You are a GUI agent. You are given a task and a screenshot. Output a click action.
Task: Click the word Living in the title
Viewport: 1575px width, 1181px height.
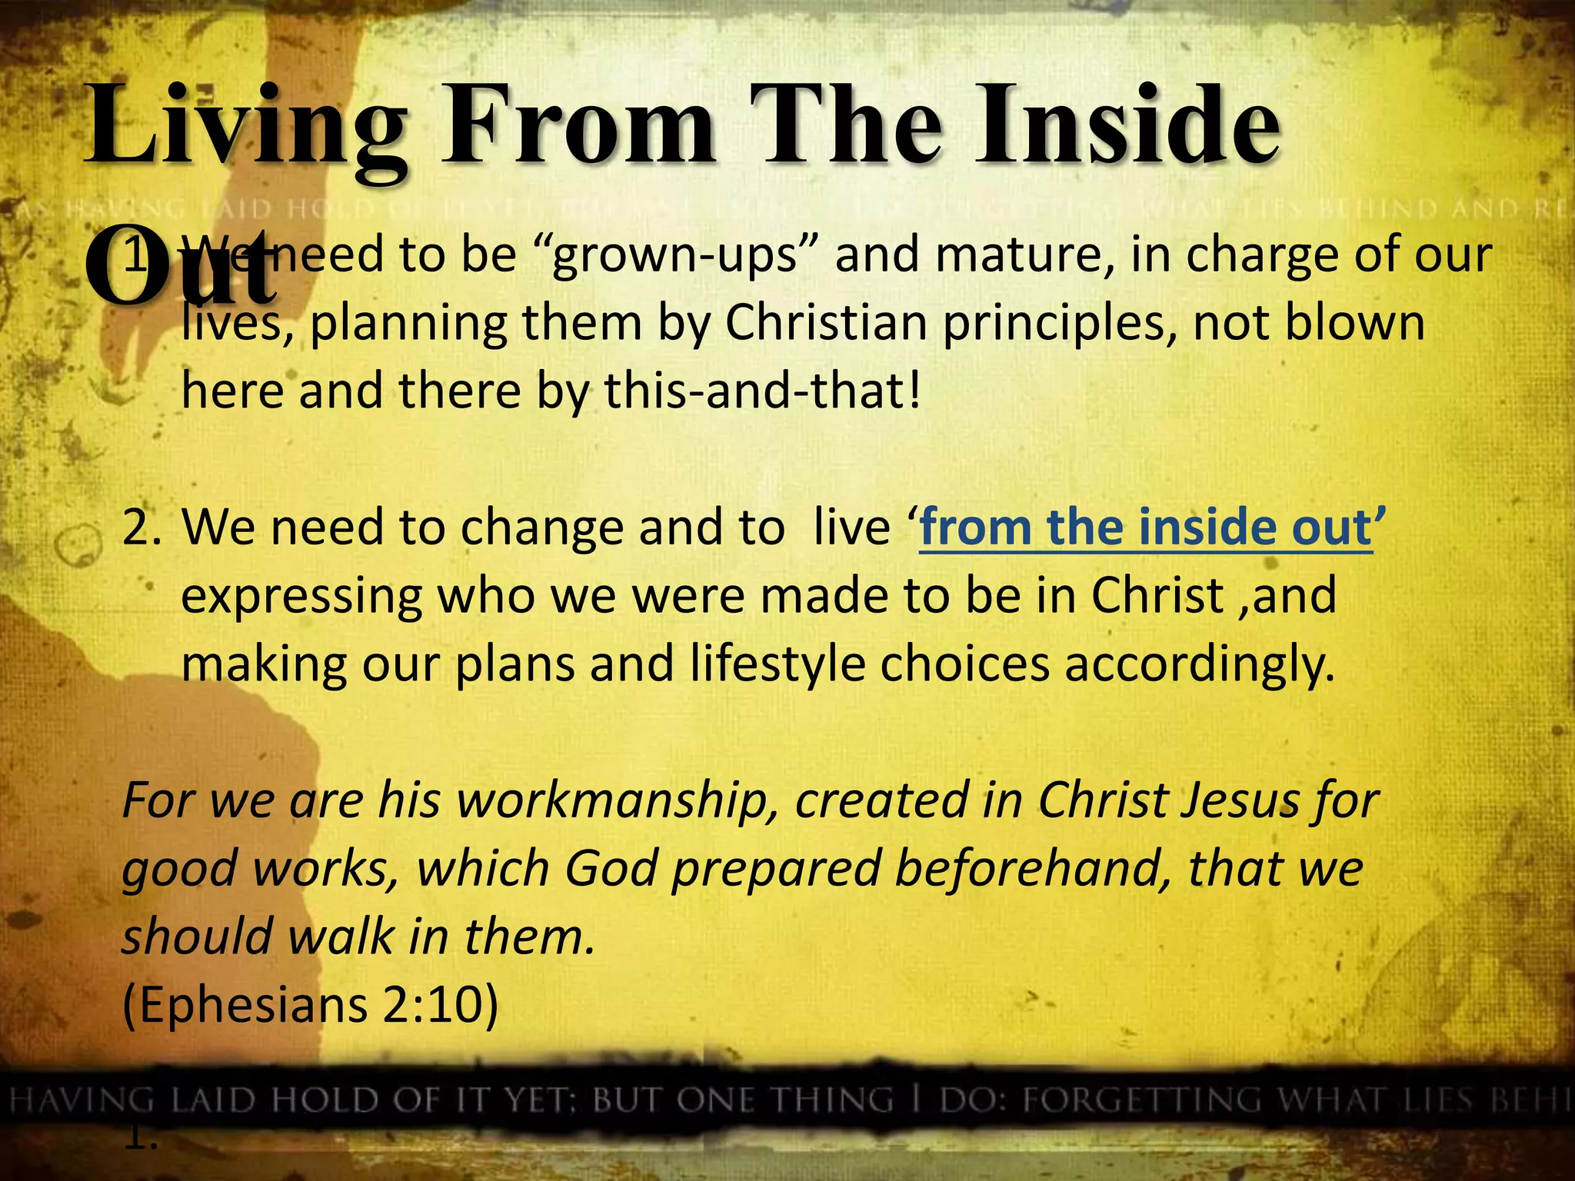246,127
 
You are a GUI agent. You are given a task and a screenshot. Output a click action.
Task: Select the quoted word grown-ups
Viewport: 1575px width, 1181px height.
675,255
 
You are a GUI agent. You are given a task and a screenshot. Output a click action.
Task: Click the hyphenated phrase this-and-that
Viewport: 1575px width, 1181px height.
761,391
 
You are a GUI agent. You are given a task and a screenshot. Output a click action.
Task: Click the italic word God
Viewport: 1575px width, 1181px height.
611,869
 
